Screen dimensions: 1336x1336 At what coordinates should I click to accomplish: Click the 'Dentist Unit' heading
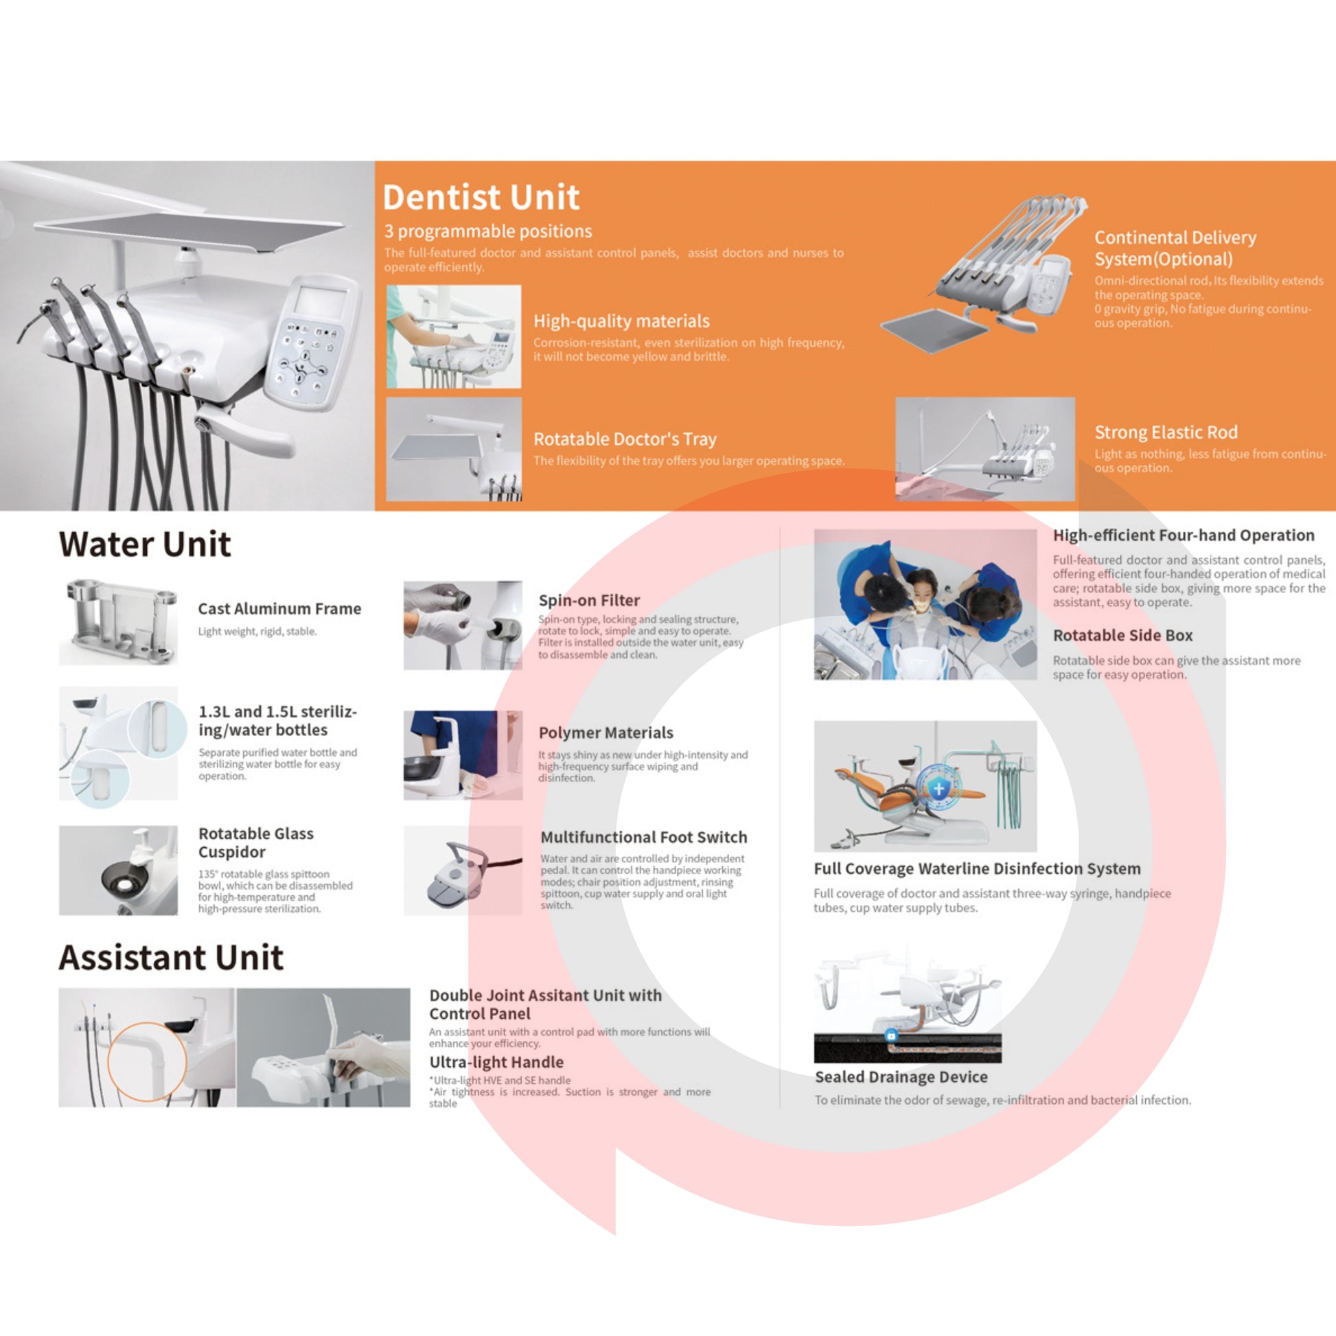click(x=481, y=197)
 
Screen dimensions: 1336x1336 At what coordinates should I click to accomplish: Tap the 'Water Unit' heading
click(x=145, y=544)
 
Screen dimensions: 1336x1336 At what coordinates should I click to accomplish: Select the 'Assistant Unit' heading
click(x=171, y=958)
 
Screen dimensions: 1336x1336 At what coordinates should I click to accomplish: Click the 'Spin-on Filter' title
click(x=588, y=600)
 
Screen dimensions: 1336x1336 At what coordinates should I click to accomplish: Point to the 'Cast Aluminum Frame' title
click(x=279, y=608)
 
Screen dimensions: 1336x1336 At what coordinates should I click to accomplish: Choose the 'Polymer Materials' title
click(x=606, y=733)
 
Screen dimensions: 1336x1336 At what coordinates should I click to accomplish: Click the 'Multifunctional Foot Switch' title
click(x=644, y=837)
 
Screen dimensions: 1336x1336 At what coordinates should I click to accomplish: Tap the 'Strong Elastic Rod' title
click(x=1166, y=433)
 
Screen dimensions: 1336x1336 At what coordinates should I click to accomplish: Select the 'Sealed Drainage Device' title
click(x=901, y=1076)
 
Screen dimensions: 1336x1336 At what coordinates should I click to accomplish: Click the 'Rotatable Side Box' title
click(x=1122, y=635)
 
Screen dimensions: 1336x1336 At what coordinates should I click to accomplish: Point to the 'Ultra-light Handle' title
click(x=496, y=1062)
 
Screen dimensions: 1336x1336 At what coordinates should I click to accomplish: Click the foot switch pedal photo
click(x=463, y=870)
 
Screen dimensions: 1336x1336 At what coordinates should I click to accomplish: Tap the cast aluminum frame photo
click(x=118, y=623)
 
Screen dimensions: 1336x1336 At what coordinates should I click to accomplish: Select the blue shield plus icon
click(x=938, y=787)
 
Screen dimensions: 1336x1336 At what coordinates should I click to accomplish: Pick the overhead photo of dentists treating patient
click(x=925, y=605)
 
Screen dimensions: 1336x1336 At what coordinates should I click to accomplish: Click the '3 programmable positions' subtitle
click(x=488, y=231)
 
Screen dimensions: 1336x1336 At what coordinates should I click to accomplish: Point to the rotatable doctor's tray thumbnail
click(x=454, y=449)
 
